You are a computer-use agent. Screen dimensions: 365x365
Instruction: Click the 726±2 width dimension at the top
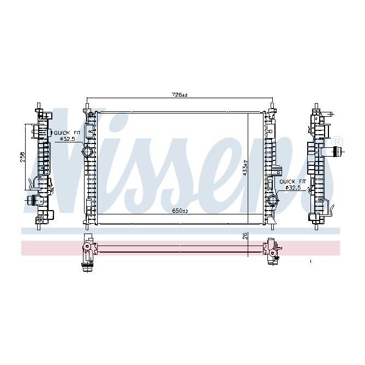click(179, 95)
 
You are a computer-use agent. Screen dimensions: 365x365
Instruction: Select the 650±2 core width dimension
click(179, 211)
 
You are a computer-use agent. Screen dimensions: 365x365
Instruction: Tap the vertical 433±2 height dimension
click(246, 167)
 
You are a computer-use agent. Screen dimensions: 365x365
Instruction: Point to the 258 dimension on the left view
click(22, 157)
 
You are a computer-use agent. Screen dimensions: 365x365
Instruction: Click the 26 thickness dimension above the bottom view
click(246, 236)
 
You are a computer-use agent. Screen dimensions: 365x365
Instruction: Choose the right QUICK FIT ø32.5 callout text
click(290, 184)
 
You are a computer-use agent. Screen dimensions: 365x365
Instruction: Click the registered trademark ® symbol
click(337, 141)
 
